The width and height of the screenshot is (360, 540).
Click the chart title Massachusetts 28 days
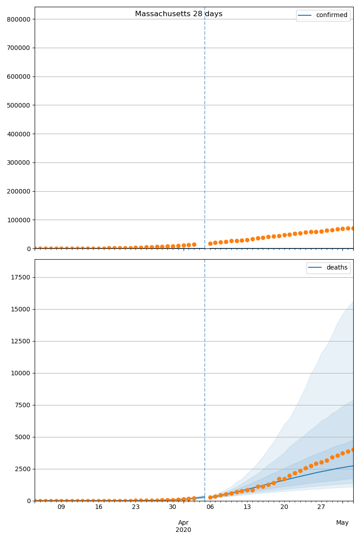(x=179, y=14)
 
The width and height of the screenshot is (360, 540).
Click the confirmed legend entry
(x=331, y=15)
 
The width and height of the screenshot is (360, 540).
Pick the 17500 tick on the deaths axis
(x=20, y=277)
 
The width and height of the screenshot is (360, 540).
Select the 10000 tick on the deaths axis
(x=20, y=373)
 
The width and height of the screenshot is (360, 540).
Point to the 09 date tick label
(x=61, y=507)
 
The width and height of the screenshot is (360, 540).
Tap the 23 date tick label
(x=136, y=507)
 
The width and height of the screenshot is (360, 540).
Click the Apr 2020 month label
(x=183, y=526)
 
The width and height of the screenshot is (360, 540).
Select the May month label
(x=342, y=523)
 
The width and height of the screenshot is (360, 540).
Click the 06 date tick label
(x=210, y=507)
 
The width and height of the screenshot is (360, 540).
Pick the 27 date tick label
(x=321, y=507)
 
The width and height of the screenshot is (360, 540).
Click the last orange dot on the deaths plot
(x=353, y=450)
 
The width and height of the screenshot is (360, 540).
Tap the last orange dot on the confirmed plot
(x=353, y=228)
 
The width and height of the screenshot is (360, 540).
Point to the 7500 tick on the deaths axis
(x=22, y=405)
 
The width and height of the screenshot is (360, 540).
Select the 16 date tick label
(x=99, y=507)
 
